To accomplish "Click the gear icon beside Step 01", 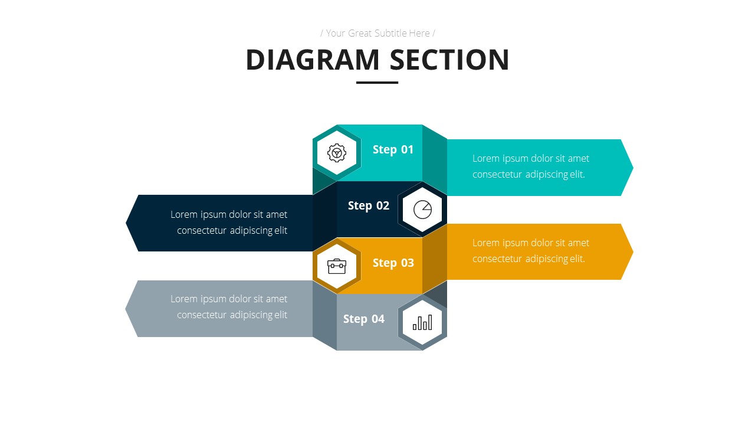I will coord(337,153).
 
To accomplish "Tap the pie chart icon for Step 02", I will coord(422,210).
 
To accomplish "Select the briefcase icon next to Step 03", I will coord(337,266).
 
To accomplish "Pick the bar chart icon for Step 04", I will coord(422,322).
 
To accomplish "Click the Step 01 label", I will coord(393,149).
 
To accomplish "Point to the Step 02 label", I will coord(369,205).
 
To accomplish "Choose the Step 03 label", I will coord(393,263).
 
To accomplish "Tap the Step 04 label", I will coord(364,319).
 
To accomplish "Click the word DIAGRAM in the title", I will coord(313,60).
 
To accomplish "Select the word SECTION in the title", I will coord(449,60).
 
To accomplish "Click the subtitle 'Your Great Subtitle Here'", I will coord(377,33).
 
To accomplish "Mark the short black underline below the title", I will coord(377,83).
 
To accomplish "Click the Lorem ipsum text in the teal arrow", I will coord(530,166).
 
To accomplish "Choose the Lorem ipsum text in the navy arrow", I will coord(229,222).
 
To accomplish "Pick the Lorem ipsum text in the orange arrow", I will coord(530,250).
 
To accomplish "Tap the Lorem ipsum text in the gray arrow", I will coord(229,306).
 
